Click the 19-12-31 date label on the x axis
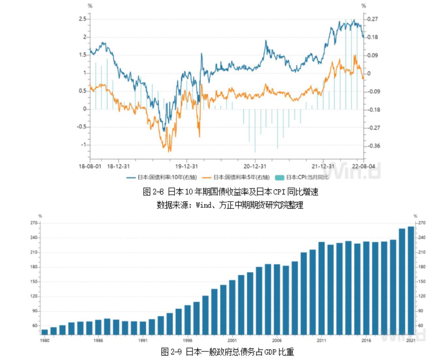tap(186, 166)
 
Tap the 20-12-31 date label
tap(255, 166)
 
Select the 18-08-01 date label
tap(90, 166)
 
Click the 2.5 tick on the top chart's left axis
tap(82, 19)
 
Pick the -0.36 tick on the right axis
tap(372, 146)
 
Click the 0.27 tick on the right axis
tap(372, 19)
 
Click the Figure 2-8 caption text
tap(230, 192)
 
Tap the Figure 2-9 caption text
tap(227, 352)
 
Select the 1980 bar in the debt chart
tap(45, 332)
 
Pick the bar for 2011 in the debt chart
tap(321, 288)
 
